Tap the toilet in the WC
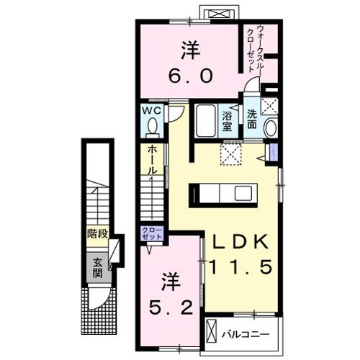[152, 127]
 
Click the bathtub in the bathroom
[205, 122]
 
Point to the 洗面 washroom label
[252, 118]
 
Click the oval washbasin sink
[270, 127]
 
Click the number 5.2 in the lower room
[171, 309]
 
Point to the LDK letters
[240, 242]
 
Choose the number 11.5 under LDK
[240, 267]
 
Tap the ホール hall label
[153, 160]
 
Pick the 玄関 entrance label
[96, 268]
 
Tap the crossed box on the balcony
[212, 333]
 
